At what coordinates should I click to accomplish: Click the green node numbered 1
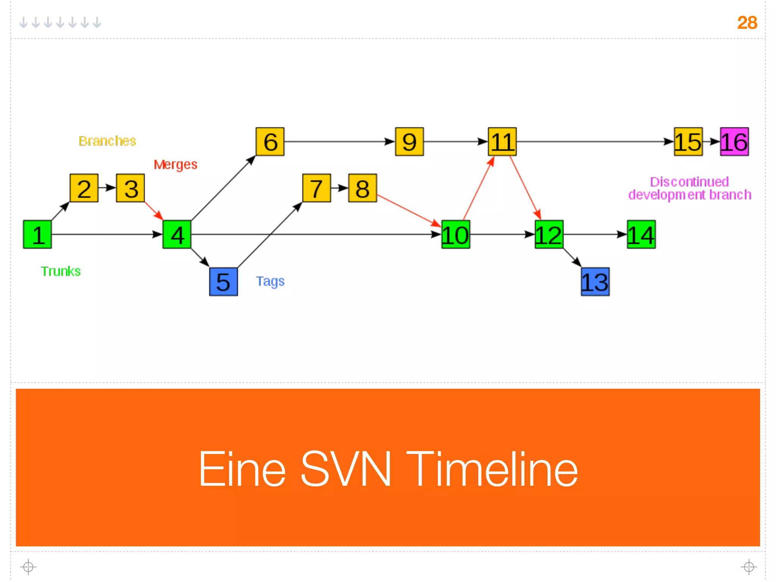pos(37,234)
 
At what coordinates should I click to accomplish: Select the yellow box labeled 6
pos(270,142)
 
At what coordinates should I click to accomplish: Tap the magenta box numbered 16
pos(734,142)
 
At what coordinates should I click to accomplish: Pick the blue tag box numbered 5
pos(223,282)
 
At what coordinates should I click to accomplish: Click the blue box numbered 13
pos(595,282)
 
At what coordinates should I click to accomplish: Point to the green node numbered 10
pos(455,234)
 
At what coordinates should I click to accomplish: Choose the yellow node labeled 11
pos(502,142)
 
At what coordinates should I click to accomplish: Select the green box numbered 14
pos(641,234)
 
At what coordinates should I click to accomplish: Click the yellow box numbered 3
pos(130,188)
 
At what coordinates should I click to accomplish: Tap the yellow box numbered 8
pos(363,188)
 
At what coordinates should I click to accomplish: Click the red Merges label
pos(175,164)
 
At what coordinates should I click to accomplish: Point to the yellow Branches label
pos(107,141)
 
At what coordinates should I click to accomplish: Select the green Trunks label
pos(61,271)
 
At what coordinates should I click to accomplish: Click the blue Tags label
pos(270,281)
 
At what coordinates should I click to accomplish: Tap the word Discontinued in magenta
pos(689,182)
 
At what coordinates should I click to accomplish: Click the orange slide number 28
pos(747,23)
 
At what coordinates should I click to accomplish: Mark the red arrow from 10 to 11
pos(478,189)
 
